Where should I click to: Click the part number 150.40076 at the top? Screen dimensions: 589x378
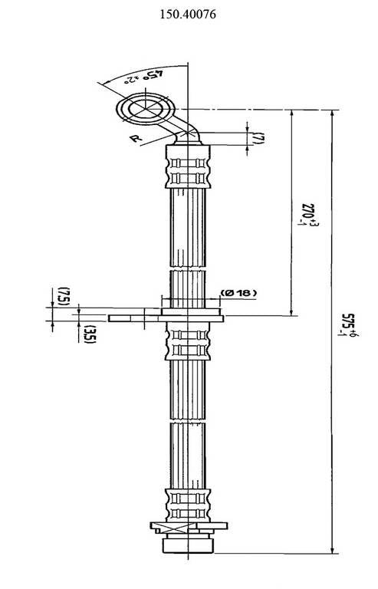point(189,14)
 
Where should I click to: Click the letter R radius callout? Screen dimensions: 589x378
point(135,138)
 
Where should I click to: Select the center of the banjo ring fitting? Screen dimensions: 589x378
point(145,110)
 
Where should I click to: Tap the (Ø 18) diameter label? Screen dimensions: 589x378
point(238,293)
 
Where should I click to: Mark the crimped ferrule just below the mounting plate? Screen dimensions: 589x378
point(187,341)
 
